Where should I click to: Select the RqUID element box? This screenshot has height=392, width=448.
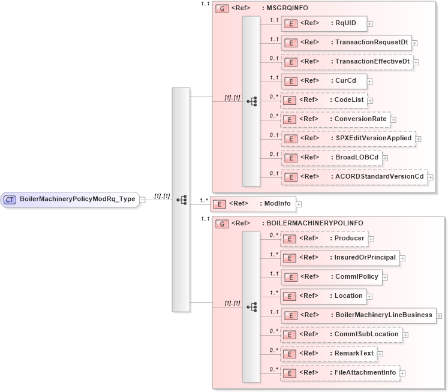[324, 23]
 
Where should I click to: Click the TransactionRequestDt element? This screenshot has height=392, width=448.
[346, 43]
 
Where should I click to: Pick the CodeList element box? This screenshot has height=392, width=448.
[324, 100]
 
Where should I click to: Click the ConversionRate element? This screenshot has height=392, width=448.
[335, 119]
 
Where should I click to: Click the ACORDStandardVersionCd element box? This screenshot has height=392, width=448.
[354, 177]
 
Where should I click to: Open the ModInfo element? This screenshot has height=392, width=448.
[252, 204]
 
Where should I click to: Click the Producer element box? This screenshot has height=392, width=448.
[324, 239]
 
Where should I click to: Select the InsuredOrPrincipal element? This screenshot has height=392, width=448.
[340, 258]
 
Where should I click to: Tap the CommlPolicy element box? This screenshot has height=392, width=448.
[331, 277]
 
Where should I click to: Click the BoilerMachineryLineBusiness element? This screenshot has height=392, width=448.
[358, 315]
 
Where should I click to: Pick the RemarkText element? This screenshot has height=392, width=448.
[329, 354]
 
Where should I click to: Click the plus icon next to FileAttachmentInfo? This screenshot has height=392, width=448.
[404, 373]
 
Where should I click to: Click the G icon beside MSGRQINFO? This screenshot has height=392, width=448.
[222, 9]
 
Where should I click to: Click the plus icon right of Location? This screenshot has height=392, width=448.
[371, 297]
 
